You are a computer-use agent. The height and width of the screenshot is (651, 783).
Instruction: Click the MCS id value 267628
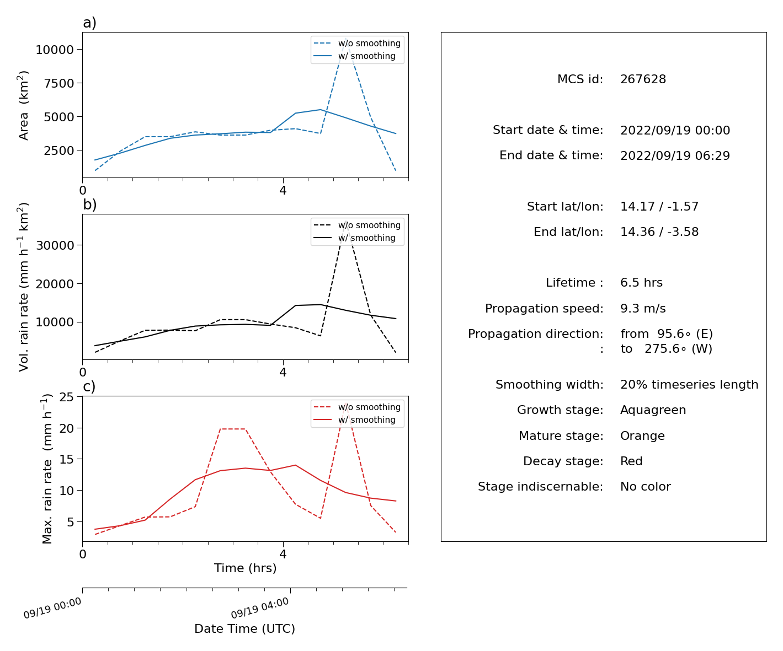coord(643,79)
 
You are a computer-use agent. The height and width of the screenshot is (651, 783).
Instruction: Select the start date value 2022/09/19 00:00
coord(675,130)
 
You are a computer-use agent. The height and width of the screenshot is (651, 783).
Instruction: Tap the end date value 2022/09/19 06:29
coord(675,155)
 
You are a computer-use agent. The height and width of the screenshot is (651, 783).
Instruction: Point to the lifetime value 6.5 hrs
coord(641,282)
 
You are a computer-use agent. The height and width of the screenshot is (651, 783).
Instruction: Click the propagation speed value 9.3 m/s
coord(643,308)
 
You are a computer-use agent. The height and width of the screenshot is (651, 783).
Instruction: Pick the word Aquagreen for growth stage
coord(653,410)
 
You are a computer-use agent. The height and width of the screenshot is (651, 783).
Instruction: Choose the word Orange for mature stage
coord(642,435)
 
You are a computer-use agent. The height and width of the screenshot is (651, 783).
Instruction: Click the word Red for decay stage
coord(631,461)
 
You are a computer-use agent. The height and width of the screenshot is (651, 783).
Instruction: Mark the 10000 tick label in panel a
coord(55,50)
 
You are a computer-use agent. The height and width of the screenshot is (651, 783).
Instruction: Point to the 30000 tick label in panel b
coord(55,245)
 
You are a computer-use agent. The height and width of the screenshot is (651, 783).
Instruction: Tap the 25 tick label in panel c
coord(66,397)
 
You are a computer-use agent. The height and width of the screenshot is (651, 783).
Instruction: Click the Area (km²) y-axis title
coord(23,105)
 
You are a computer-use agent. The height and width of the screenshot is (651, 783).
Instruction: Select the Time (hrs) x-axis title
coord(245,568)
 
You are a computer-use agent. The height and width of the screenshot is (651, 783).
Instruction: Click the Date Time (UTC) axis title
coord(244,628)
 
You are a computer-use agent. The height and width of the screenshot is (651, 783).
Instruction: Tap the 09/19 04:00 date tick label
coord(260,607)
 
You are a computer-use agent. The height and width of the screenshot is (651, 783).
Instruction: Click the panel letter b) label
coord(89,205)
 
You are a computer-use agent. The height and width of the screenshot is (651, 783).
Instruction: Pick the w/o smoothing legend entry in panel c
coord(369,407)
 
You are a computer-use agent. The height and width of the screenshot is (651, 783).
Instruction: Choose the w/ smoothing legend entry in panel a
coord(366,56)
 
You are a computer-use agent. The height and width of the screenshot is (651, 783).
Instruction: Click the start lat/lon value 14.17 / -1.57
coord(659,206)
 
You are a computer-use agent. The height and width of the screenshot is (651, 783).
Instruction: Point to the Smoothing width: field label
coord(550,384)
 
